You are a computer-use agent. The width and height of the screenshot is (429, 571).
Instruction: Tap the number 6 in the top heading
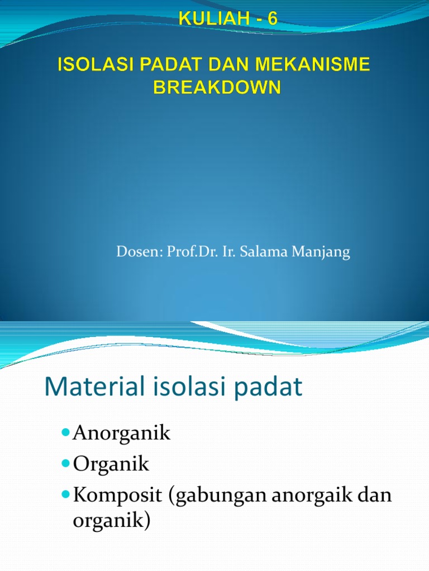272,20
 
